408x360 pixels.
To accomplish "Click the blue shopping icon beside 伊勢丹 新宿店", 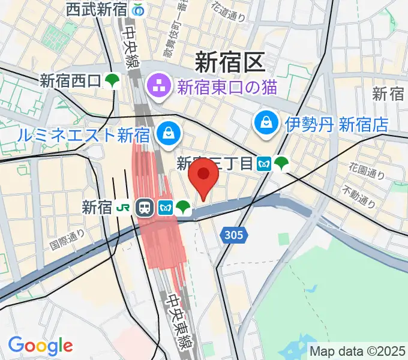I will coord(265,124).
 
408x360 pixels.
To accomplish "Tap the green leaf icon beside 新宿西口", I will coord(112,80).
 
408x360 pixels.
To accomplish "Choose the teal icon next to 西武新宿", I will coord(139,10).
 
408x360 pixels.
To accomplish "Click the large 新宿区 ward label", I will coord(230,62).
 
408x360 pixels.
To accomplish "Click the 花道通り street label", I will coord(229,13).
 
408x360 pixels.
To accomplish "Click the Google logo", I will coord(40,346).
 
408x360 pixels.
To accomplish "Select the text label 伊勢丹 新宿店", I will coord(337,124).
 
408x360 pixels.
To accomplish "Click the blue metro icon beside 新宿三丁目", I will coord(263,163).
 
